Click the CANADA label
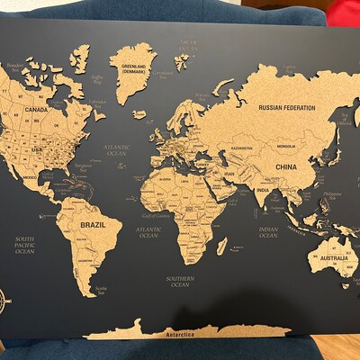point(35,110)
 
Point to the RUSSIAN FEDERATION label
point(286,108)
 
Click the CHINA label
point(287,167)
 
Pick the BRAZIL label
point(94,224)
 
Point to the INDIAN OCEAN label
point(267,232)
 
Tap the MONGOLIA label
point(287,146)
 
